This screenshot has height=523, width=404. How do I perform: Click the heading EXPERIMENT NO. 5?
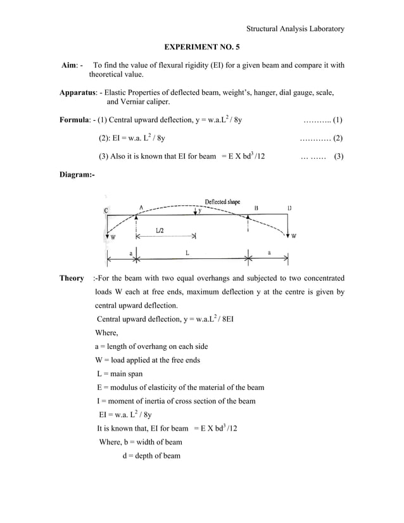pyautogui.click(x=202, y=47)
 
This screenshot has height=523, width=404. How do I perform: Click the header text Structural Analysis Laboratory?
pyautogui.click(x=295, y=28)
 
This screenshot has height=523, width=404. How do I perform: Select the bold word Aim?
pyautogui.click(x=68, y=65)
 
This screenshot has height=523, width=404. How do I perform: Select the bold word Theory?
pyautogui.click(x=72, y=278)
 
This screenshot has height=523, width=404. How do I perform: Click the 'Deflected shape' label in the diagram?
pyautogui.click(x=222, y=202)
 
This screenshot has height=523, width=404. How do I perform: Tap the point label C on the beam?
pyautogui.click(x=106, y=210)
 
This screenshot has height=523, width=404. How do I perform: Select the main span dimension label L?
pyautogui.click(x=187, y=252)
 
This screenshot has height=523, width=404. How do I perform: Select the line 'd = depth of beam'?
pyautogui.click(x=151, y=456)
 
